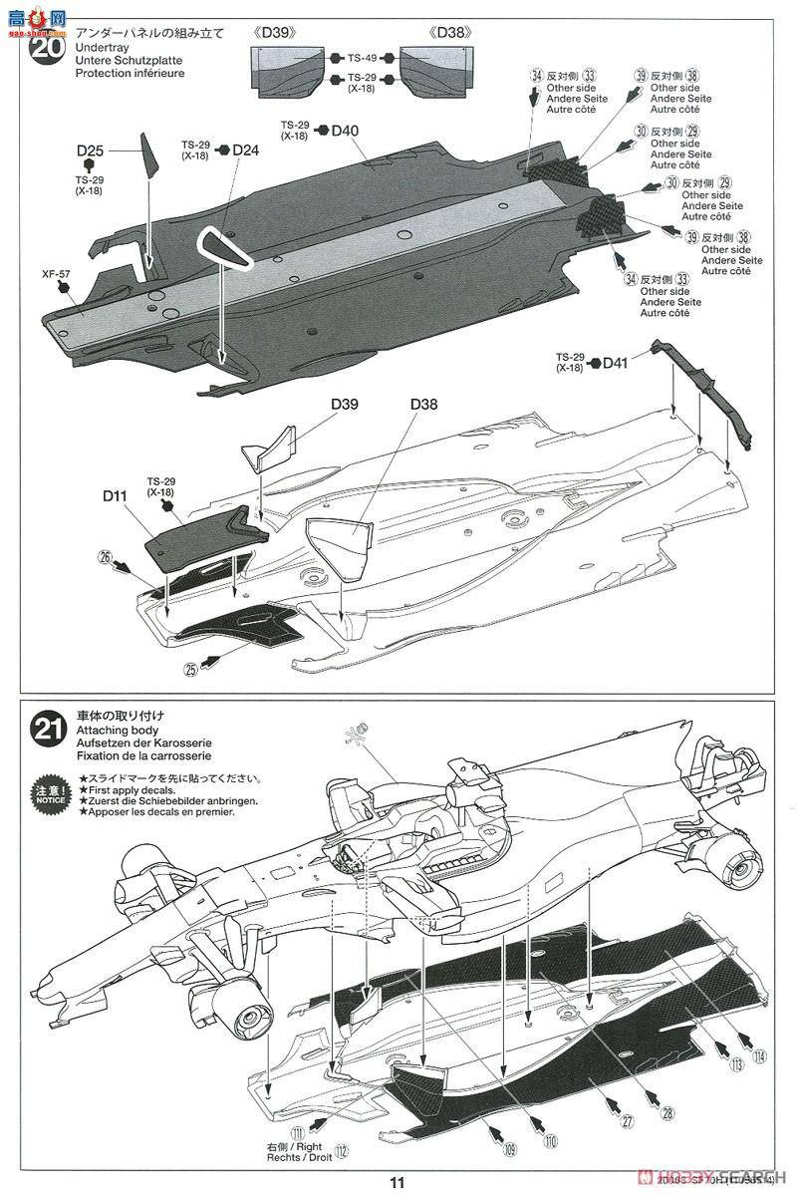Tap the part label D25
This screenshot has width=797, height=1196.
[90, 150]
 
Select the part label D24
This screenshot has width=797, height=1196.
[245, 150]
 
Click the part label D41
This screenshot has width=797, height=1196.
[616, 364]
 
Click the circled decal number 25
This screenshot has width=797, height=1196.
[191, 670]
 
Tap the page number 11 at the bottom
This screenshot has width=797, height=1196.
[398, 1183]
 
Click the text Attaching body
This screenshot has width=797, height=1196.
[111, 730]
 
